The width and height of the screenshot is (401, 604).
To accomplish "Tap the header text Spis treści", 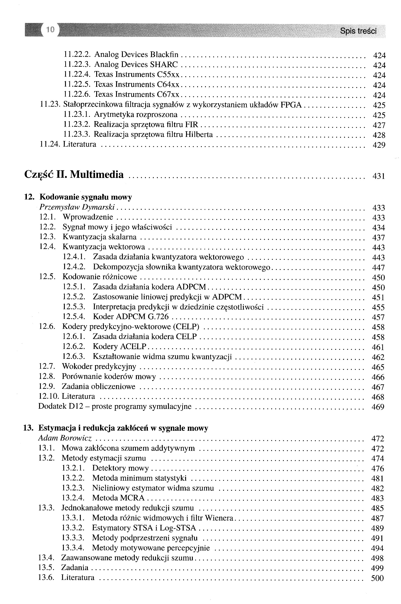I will [358, 31].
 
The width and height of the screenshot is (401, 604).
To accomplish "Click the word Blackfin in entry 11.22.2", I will [164, 54].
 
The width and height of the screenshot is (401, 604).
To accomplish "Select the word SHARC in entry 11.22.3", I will [164, 64].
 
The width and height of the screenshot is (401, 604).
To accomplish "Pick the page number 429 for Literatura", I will [379, 145].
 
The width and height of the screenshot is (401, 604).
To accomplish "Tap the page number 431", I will [378, 176].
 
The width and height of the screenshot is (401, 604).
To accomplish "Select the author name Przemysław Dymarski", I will [77, 207].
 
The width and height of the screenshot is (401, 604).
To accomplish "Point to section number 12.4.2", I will [74, 267].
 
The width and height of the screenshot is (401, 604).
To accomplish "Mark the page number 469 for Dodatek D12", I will [378, 407].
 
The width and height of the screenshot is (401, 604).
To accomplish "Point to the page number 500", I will [377, 578].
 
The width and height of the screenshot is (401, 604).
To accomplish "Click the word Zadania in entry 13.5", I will [75, 567].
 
